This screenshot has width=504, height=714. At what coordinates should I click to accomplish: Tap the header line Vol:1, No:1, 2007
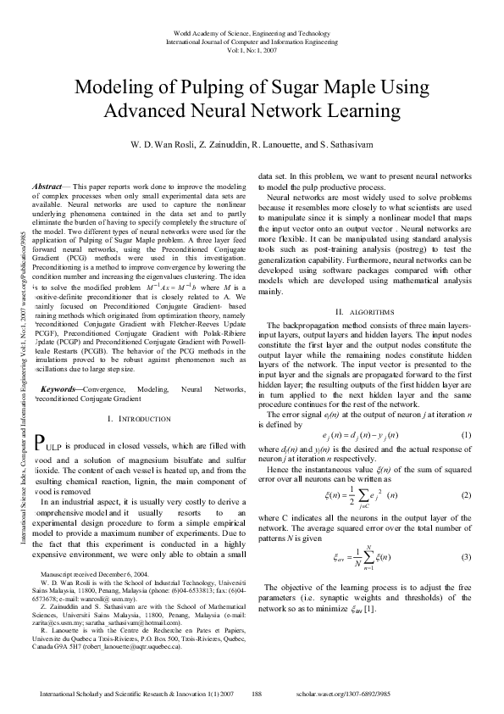pos(251,49)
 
